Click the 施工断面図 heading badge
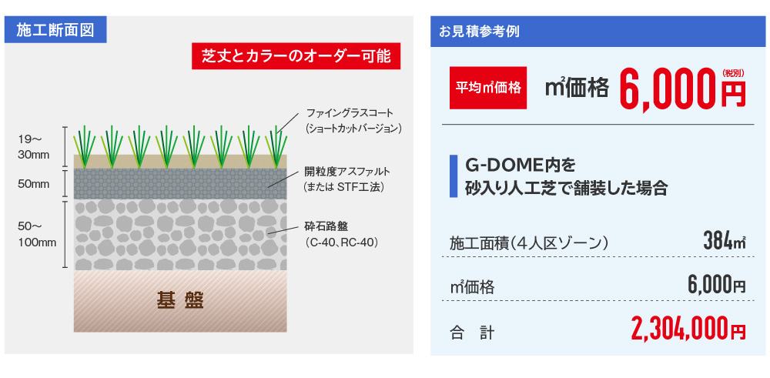point(55,31)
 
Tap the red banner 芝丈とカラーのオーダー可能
point(296,56)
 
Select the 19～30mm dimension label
point(34,147)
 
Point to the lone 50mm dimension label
point(34,185)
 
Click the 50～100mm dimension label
point(37,234)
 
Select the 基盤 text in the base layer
point(180,300)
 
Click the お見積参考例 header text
point(479,32)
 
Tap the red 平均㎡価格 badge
point(488,88)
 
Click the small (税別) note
point(733,73)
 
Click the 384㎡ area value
point(725,242)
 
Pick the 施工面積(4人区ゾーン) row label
point(530,243)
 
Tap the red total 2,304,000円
point(688,329)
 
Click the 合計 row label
point(472,333)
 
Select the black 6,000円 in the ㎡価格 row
point(717,286)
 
